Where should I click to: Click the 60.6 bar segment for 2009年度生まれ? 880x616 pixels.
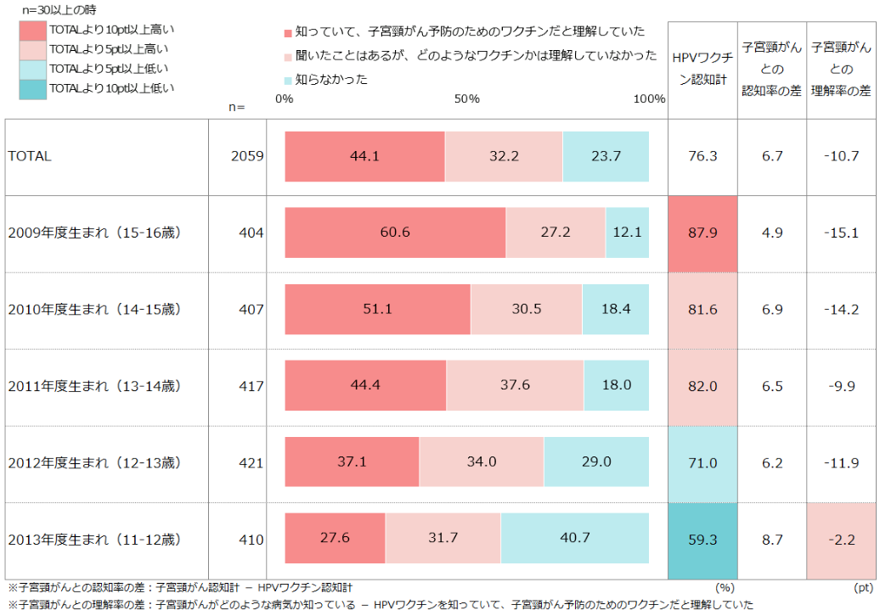(395, 232)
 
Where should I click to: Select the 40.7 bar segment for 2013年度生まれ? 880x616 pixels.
(574, 539)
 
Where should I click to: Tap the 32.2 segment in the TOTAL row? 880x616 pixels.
(504, 156)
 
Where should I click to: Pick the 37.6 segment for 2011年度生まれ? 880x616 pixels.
(515, 385)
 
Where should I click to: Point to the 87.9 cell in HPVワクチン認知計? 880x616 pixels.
(702, 232)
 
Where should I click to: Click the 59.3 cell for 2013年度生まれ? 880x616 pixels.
(702, 539)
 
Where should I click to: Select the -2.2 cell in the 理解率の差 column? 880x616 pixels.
(841, 539)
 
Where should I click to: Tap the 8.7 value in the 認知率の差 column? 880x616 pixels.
(772, 539)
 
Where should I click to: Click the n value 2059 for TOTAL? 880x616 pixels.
(247, 156)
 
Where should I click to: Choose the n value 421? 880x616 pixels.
(251, 462)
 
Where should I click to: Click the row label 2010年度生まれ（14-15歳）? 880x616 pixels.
(94, 309)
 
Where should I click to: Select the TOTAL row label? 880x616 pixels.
(30, 156)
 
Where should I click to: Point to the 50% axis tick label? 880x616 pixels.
(466, 99)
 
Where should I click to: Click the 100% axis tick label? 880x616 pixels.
(649, 99)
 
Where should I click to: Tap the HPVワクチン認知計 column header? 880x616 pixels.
(702, 65)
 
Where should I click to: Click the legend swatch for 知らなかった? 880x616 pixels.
(288, 80)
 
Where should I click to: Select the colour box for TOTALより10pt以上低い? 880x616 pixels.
(32, 87)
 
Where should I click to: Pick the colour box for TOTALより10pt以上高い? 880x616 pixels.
(32, 29)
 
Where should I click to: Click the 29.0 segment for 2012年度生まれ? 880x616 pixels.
(596, 462)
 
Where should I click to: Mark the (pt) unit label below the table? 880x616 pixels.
(861, 586)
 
